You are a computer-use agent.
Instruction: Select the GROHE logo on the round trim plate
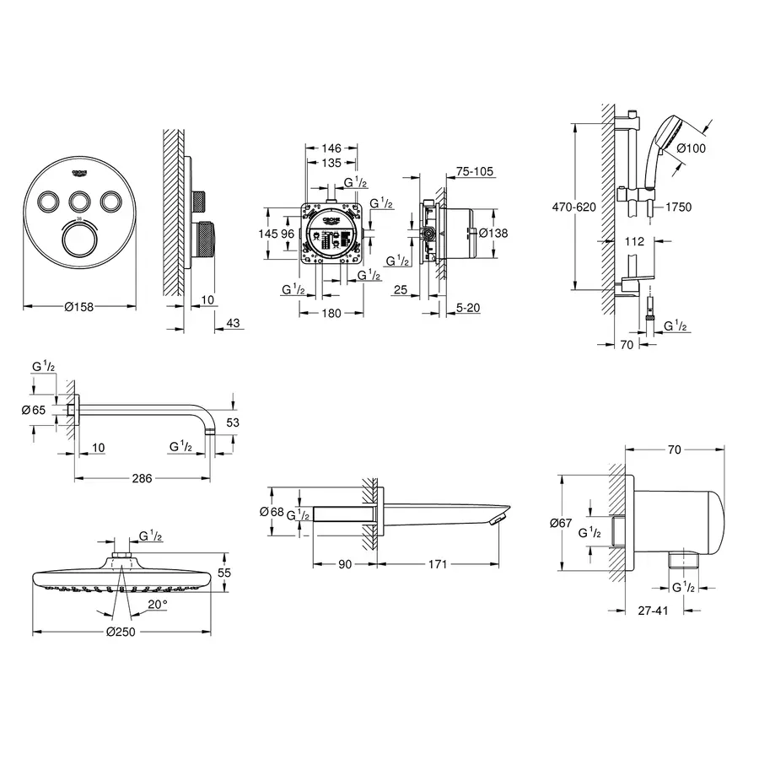click(80, 172)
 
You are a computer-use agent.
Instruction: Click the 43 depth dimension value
click(234, 323)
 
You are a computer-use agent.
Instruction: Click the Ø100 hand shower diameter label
click(691, 149)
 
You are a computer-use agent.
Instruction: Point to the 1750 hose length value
click(678, 207)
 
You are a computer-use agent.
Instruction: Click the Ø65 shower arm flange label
click(44, 410)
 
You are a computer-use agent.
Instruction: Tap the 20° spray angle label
click(157, 604)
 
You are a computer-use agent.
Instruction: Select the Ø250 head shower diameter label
click(122, 632)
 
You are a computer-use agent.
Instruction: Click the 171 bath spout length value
click(435, 563)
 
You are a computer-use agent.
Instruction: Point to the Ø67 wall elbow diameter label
click(561, 524)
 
